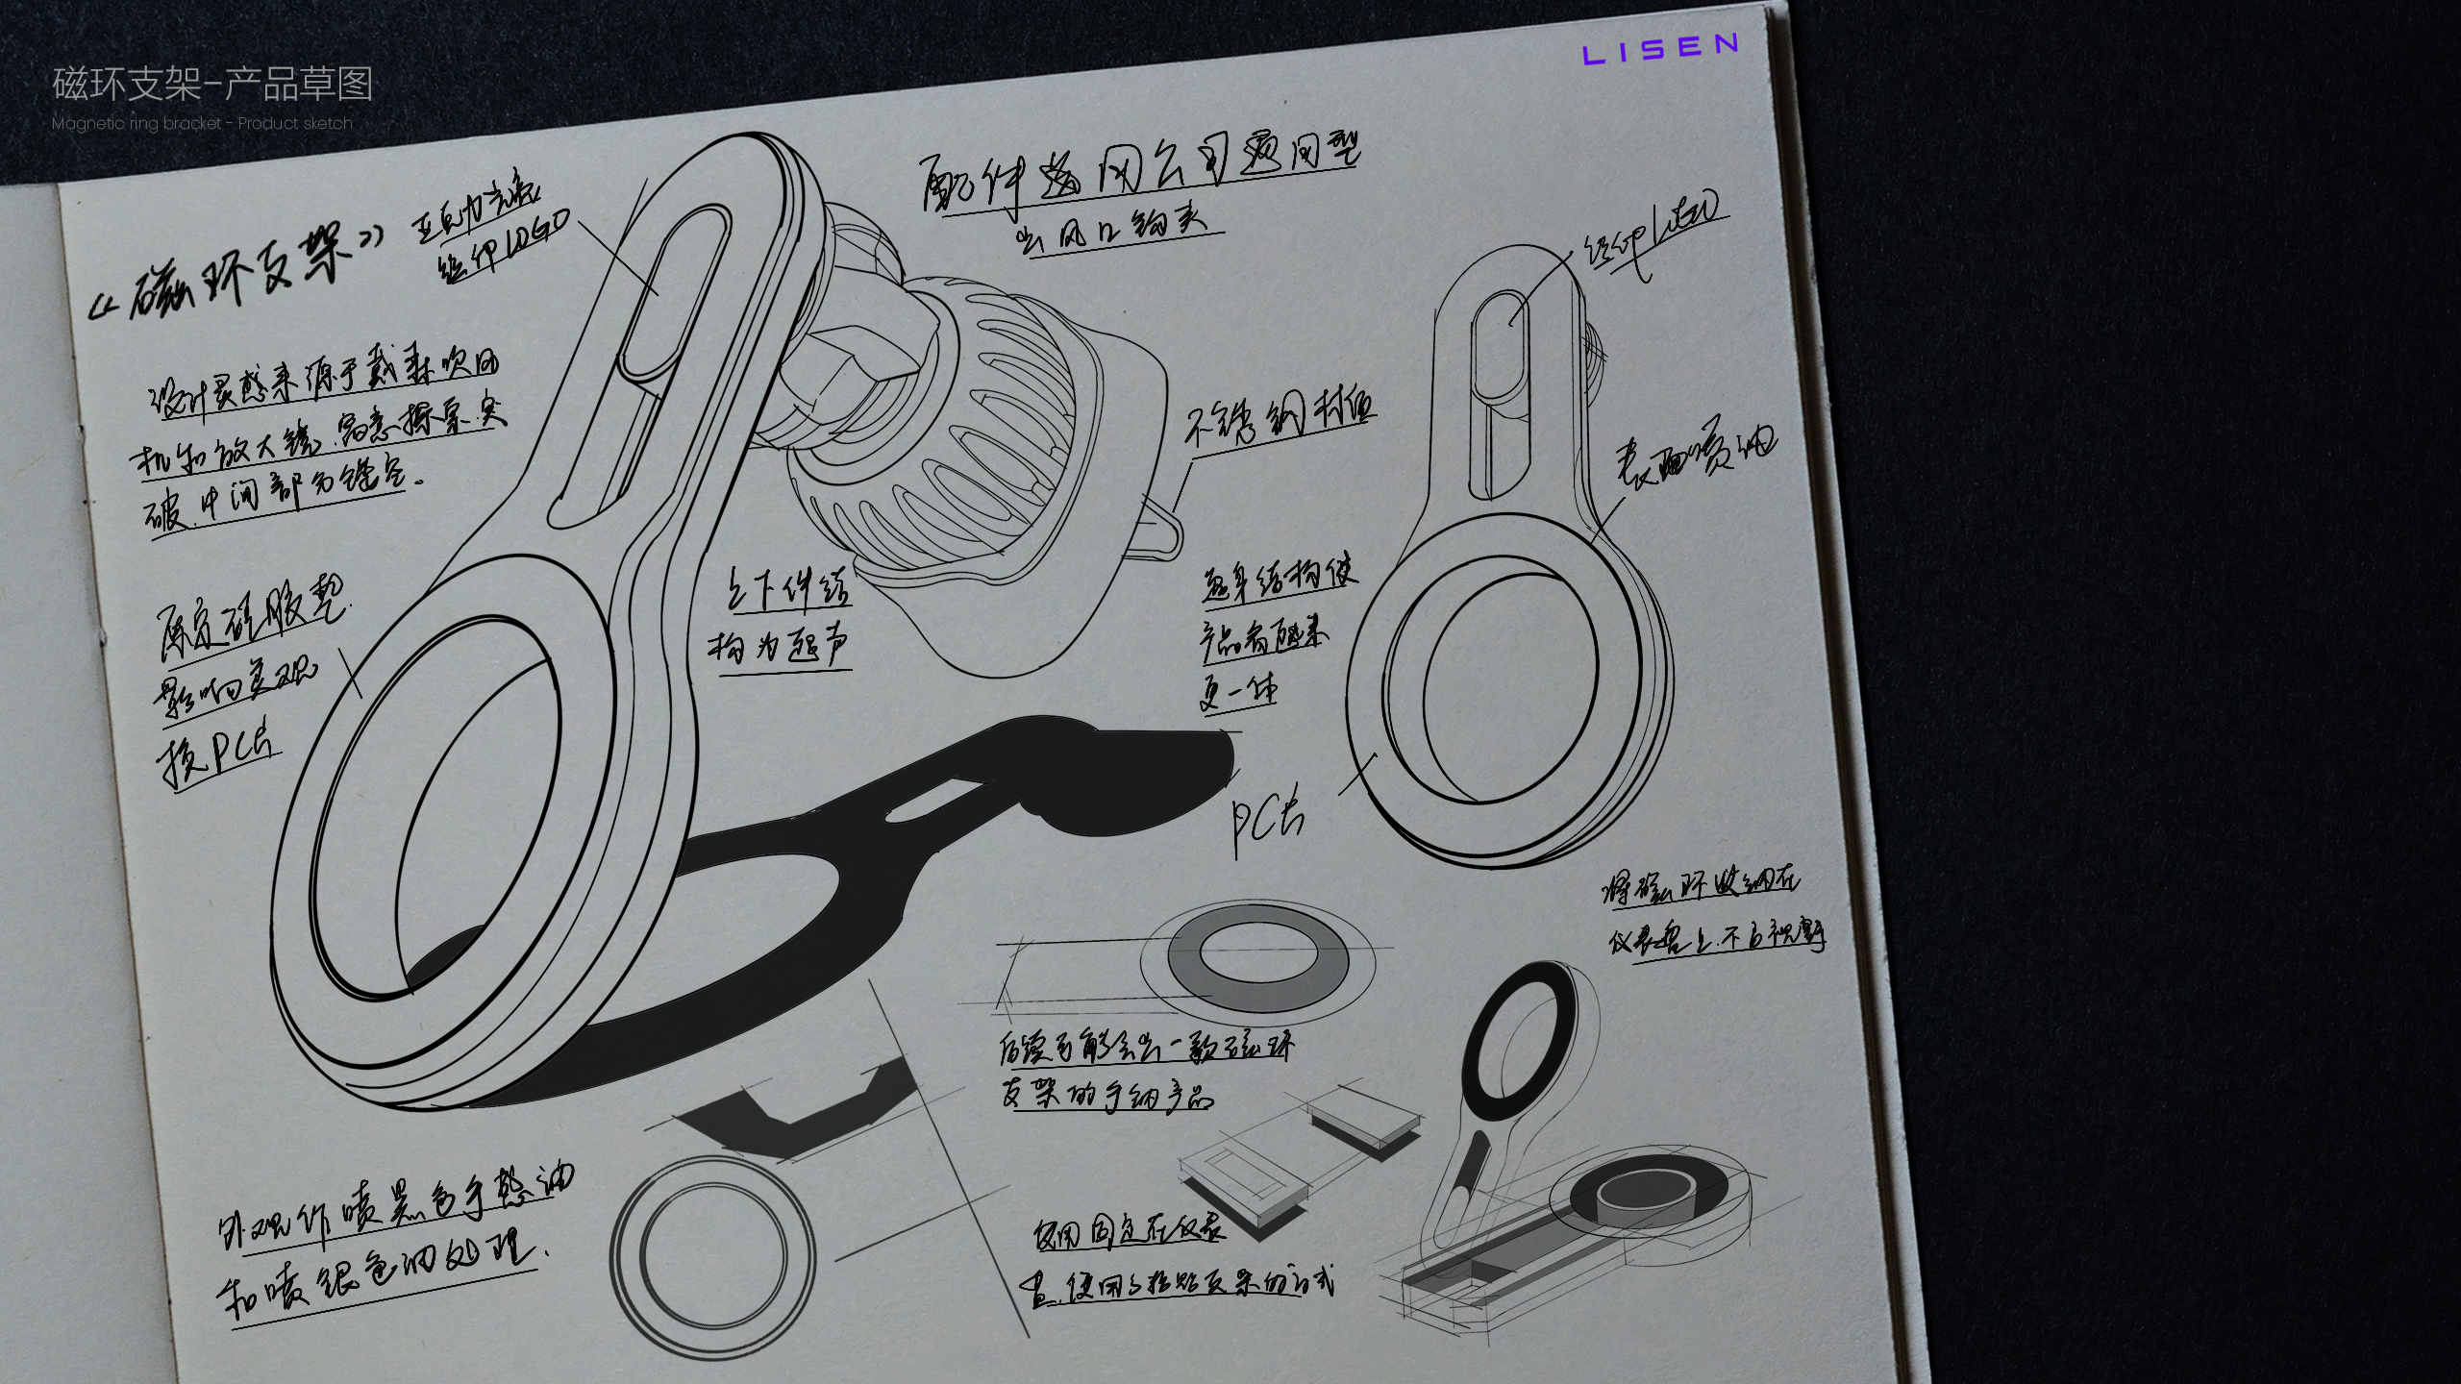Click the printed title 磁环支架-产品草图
212,85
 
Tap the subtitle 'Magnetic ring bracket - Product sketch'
202,123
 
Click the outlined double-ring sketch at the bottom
712,1249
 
